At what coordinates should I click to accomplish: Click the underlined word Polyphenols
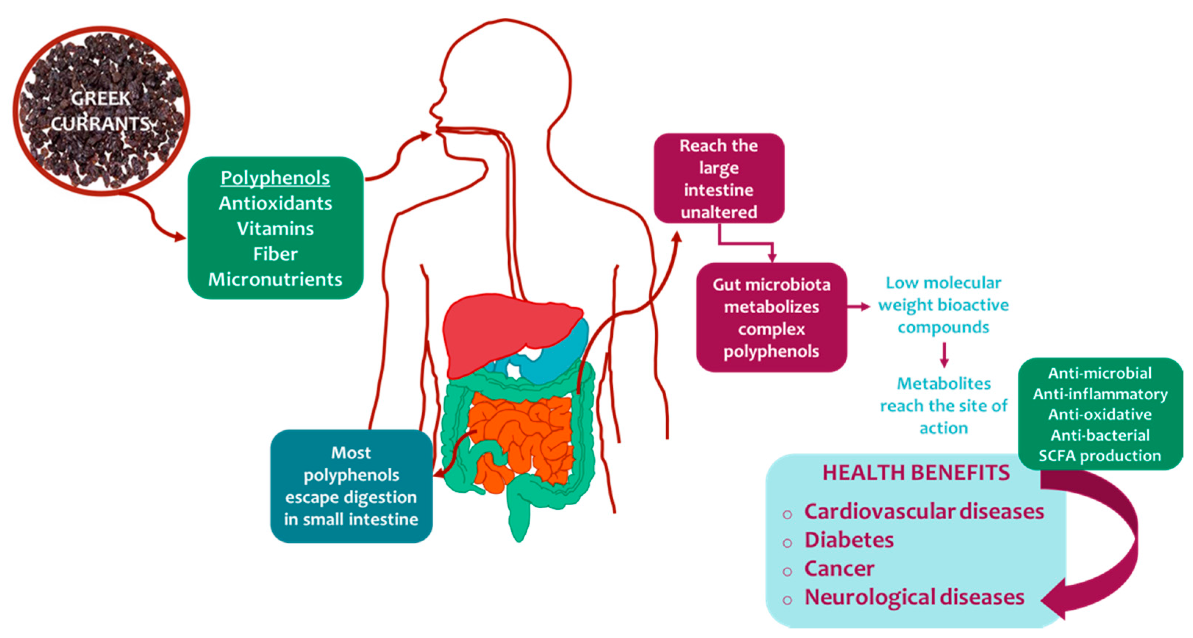click(275, 178)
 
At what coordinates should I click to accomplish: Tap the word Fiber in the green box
click(275, 254)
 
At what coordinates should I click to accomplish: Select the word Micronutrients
click(275, 279)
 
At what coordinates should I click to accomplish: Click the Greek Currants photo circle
click(101, 111)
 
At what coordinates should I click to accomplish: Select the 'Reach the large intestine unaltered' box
click(719, 178)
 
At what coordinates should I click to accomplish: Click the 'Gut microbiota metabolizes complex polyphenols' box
click(771, 317)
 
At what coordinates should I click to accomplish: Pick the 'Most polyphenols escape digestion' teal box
click(351, 485)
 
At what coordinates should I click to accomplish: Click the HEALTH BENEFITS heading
click(916, 473)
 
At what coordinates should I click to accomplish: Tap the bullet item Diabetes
click(849, 540)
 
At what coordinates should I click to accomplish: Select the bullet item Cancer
click(839, 569)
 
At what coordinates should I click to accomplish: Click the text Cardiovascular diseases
click(924, 512)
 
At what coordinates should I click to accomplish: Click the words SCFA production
click(1100, 456)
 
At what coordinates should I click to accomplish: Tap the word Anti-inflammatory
click(1100, 394)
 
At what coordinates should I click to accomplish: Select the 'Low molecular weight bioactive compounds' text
click(943, 305)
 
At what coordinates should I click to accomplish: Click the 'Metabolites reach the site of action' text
click(943, 405)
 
